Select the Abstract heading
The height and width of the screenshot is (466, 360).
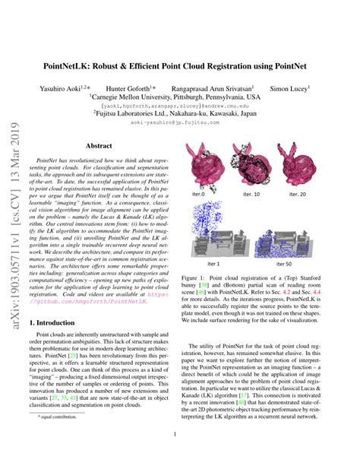coord(99,144)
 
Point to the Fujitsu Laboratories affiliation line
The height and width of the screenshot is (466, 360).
coord(180,110)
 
